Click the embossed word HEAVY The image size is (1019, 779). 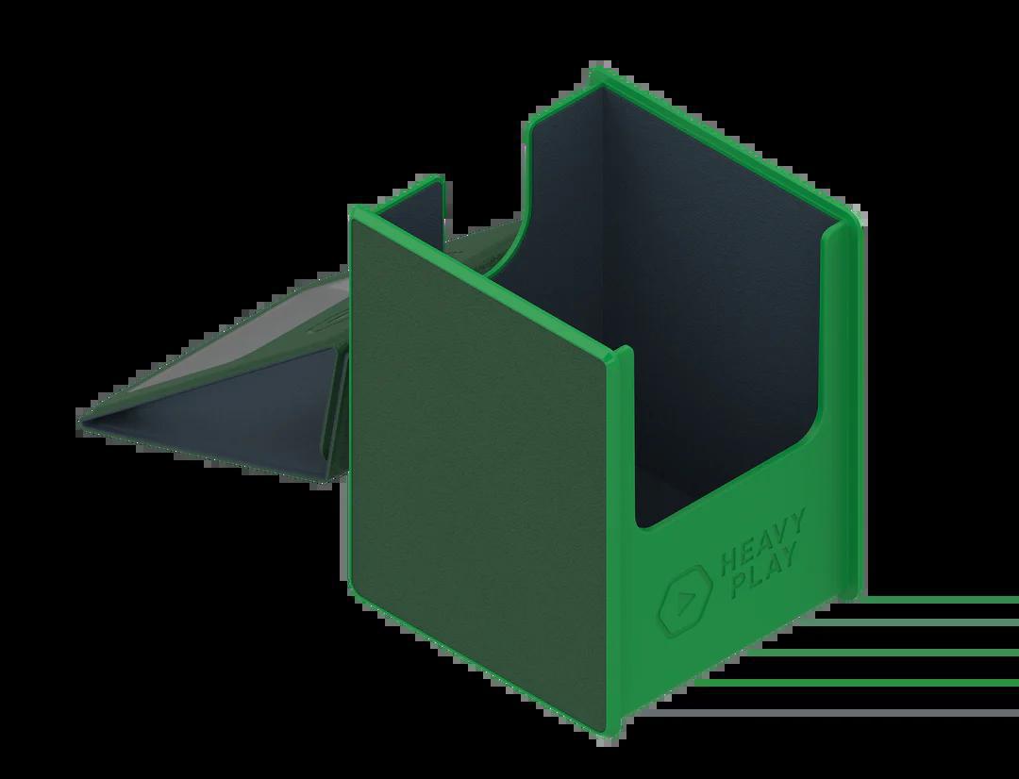coord(763,542)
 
